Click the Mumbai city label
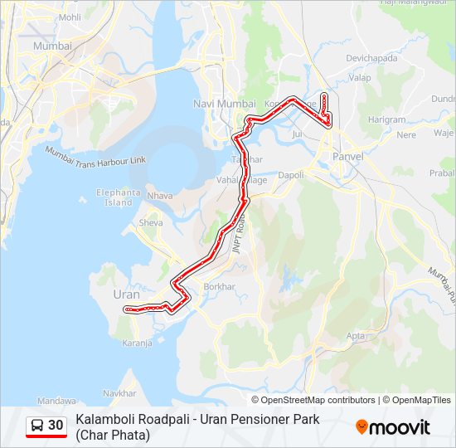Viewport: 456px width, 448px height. tap(52, 46)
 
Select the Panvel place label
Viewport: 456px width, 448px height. tap(348, 156)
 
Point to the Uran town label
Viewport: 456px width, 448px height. tap(125, 294)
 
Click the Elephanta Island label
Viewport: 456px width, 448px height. tap(119, 197)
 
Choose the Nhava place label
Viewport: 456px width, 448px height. tap(159, 196)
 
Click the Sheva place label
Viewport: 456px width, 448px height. tap(151, 222)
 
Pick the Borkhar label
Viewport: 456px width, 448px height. tap(220, 286)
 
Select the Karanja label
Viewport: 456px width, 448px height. tap(138, 342)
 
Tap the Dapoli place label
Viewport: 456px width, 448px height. tap(291, 175)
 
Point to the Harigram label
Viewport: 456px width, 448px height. tap(386, 119)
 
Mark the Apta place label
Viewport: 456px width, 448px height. tap(356, 336)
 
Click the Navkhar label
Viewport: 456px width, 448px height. tap(120, 392)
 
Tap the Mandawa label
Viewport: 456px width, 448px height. tap(56, 400)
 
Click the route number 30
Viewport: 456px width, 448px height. tap(56, 426)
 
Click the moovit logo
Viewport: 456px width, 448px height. tap(393, 427)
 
